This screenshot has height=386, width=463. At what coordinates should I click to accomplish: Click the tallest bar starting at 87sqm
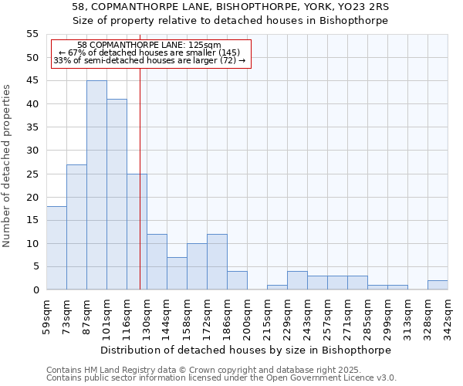tap(96, 185)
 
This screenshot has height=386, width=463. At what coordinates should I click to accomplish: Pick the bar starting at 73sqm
tap(76, 227)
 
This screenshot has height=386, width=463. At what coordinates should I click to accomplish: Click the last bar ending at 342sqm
tap(438, 285)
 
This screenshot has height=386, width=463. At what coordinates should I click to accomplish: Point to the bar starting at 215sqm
tap(277, 287)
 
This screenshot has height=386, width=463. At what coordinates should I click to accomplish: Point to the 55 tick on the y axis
tap(32, 34)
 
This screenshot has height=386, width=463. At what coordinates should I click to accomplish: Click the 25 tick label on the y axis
tap(32, 174)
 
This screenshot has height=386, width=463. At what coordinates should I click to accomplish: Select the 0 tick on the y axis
tap(35, 290)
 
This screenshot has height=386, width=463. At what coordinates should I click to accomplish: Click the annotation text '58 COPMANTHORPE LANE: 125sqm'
tap(150, 46)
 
